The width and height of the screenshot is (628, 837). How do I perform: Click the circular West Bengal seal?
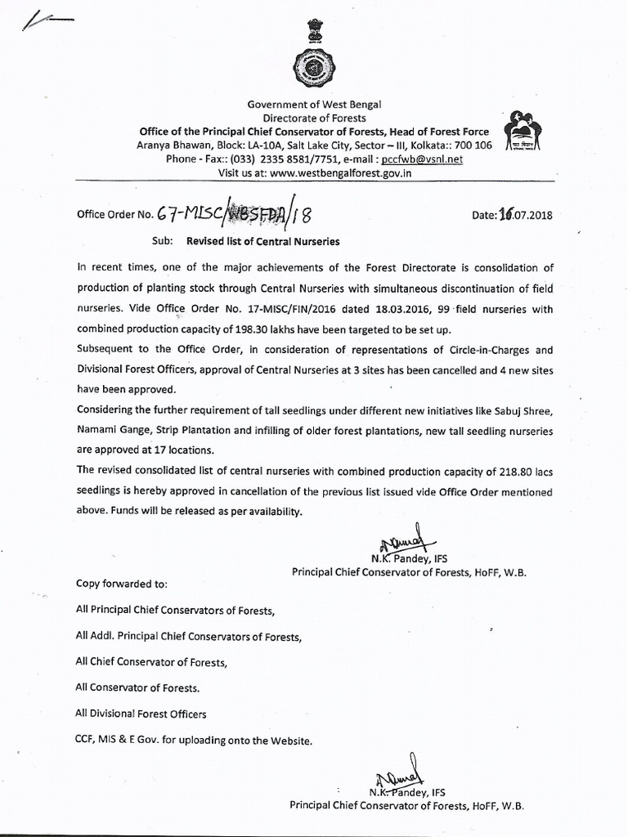coord(314,69)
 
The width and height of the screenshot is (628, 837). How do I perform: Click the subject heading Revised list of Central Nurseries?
coord(262,242)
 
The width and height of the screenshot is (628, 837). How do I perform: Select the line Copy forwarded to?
coord(121,584)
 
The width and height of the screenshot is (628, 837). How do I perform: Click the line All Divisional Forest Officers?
coord(141,714)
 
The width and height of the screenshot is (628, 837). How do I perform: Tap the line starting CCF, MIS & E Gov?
coord(194,741)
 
